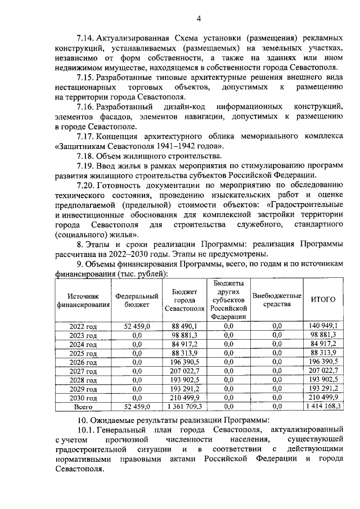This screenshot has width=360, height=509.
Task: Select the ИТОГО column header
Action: point(323,300)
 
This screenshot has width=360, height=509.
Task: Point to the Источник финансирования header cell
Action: point(83,300)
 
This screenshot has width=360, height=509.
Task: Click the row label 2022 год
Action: point(83,326)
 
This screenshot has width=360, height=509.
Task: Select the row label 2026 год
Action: point(83,362)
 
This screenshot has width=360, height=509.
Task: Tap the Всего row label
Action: point(83,405)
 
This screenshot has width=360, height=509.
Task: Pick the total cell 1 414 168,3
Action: point(323,405)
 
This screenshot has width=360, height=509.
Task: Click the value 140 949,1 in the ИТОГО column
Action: point(323,326)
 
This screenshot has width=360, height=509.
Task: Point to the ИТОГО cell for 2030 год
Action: point(323,397)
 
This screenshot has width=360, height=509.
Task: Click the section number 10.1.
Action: point(85,430)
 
